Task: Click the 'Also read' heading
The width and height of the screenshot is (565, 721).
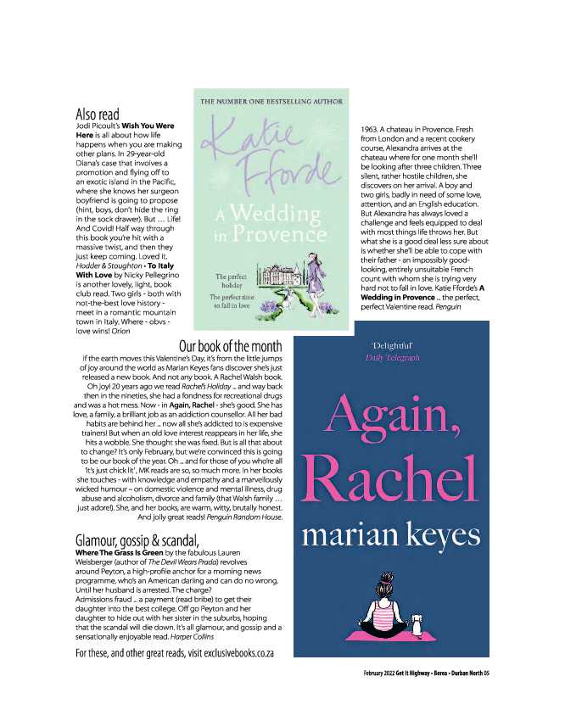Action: point(98,114)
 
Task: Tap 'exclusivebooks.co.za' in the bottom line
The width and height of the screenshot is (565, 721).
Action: point(238,653)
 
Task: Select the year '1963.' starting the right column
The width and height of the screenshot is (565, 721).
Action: point(363,127)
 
